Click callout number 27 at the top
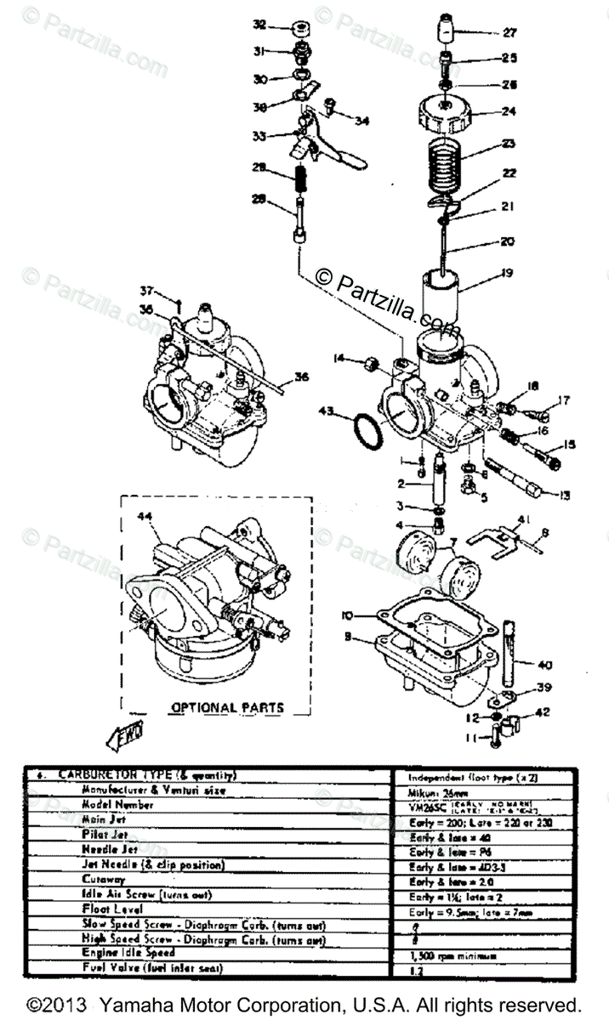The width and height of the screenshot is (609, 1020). pos(509,33)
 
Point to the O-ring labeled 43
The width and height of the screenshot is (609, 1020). pos(367,431)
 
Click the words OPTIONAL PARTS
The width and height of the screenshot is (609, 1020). pos(227,706)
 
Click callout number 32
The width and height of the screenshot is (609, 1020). pos(259,25)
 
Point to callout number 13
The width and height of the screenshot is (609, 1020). pos(565,496)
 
